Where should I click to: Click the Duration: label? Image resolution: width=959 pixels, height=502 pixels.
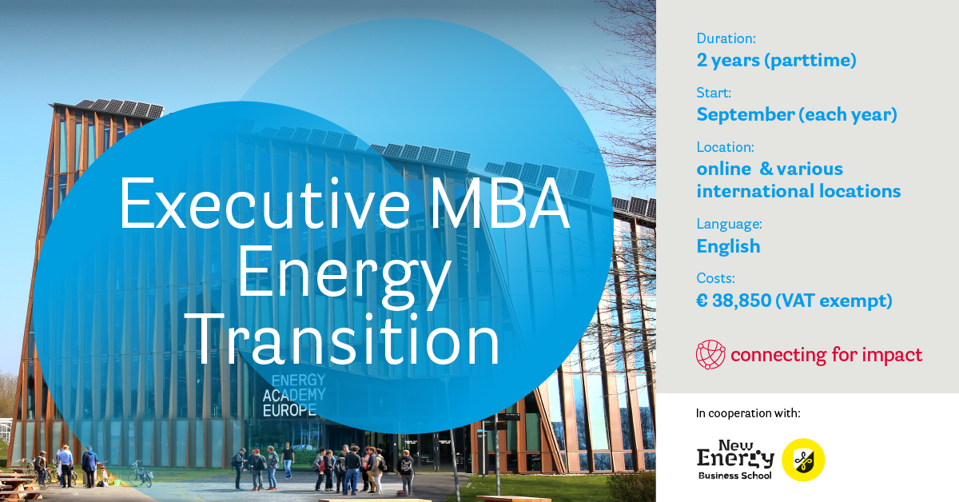[726, 38]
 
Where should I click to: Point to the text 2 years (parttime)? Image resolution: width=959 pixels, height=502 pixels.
[776, 61]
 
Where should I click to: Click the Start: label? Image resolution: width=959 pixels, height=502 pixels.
[714, 93]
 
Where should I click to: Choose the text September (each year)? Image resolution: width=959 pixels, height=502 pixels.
[796, 114]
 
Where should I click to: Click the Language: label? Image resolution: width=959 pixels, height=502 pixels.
[729, 224]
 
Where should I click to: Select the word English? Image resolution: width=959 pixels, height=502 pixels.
[728, 246]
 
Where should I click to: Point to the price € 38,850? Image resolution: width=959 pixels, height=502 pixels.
[734, 301]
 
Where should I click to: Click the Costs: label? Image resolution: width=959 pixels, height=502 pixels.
[715, 278]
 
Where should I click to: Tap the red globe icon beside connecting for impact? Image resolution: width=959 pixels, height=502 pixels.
[710, 355]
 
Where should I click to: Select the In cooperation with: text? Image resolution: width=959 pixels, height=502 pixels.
[748, 413]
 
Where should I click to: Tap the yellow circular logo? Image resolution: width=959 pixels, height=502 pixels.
[802, 460]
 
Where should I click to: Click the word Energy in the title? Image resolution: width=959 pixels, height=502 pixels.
[344, 274]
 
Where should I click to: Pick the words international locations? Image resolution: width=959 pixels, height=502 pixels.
[798, 191]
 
